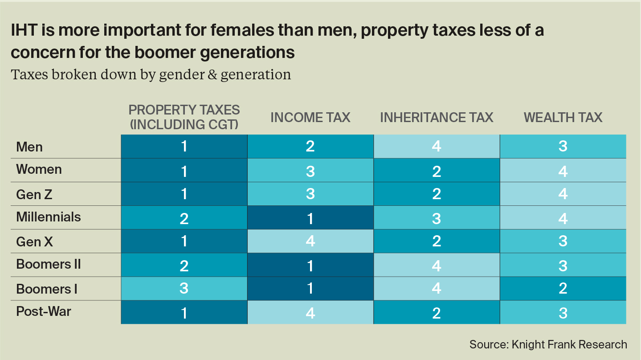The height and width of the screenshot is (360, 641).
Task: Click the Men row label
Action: point(29,147)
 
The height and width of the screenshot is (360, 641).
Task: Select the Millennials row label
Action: point(49,217)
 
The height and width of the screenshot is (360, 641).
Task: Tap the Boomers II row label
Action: point(49,264)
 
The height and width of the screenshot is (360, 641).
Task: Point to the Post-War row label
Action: point(44,311)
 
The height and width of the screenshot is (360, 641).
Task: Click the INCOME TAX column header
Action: point(310,117)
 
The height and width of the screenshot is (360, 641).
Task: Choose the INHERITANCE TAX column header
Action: point(437,117)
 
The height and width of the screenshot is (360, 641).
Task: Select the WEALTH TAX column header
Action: point(563,117)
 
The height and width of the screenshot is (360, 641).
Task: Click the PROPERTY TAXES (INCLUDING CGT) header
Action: point(184,117)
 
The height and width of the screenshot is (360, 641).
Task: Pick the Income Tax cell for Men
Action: point(310,147)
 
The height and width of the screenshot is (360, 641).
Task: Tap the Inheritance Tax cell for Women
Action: point(437,170)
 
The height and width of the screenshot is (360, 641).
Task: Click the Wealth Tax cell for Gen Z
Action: point(563,194)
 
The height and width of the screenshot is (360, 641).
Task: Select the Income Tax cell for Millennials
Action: point(310,217)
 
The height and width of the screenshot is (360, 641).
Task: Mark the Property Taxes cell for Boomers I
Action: point(184,288)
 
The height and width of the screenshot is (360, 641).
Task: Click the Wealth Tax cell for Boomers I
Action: point(563,288)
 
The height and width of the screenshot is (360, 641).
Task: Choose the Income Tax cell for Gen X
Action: point(310,241)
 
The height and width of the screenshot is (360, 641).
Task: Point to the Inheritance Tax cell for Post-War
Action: point(437,312)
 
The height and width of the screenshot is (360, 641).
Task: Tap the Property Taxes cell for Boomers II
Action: point(184,265)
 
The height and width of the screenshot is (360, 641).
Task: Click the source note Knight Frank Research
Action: point(548,344)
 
